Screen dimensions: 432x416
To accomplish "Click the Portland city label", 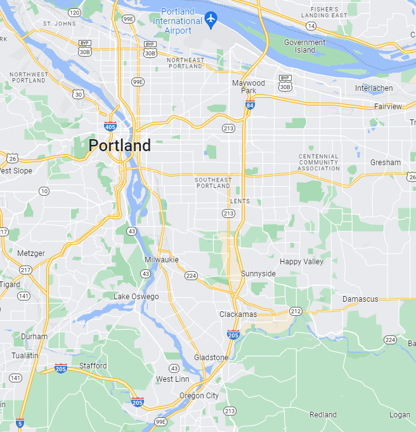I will coord(120,145).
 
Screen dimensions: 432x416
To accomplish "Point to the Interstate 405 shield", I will coord(110,126).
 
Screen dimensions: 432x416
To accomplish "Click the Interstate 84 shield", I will coord(250,105).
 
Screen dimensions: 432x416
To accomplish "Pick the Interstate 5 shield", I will coord(20,422).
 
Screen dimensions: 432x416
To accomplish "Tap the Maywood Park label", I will coord(249,87).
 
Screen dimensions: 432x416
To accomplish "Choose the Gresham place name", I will coord(386,163).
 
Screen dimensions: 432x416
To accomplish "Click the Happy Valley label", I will coord(301,262).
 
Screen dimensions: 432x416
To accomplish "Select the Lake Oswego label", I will coord(136,297).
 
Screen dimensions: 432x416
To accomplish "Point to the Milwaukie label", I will coord(162,260).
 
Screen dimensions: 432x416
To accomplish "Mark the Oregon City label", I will coord(199,396).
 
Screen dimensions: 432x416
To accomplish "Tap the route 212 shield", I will coord(296,311).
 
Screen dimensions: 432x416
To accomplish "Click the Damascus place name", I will coord(360,299).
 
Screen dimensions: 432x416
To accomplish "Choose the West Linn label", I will coord(172,379).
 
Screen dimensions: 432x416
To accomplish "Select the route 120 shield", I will coord(75,13).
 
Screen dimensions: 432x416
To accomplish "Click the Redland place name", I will coord(323,415).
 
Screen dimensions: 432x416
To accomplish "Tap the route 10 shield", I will coord(44,191).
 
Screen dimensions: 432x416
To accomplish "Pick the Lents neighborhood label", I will coord(240,201).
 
